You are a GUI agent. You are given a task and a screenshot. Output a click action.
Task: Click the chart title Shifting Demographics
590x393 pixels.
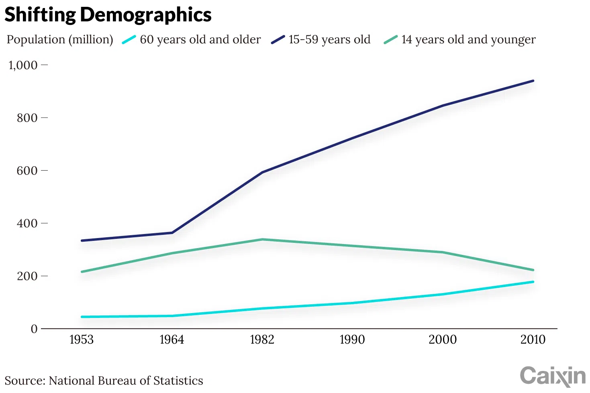108,15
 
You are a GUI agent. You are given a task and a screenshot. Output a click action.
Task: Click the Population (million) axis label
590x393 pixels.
60,39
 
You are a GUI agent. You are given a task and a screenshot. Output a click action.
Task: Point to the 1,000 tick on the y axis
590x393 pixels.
23,65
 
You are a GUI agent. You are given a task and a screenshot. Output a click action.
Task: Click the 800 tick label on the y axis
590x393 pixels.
27,118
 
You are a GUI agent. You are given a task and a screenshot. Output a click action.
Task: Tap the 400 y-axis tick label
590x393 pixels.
27,223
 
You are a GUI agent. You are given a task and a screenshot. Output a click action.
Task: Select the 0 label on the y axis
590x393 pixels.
34,329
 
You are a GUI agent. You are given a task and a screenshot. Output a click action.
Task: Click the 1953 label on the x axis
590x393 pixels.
82,340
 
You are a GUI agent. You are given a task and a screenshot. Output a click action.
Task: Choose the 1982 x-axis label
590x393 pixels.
262,340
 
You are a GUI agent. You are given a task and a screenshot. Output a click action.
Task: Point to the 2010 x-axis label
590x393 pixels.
533,340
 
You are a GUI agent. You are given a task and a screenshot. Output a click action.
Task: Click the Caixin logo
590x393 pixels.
553,376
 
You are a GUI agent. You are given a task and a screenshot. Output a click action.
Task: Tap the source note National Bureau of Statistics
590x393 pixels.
104,381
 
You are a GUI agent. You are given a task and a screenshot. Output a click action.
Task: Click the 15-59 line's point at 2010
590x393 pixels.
533,81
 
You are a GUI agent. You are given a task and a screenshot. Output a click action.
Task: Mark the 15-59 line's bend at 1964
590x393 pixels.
172,233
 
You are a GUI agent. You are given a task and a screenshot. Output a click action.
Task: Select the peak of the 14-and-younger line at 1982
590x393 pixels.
262,240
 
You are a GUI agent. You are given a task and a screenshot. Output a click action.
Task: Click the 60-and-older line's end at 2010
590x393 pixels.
533,282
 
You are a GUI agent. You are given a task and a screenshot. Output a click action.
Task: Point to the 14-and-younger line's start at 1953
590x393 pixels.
82,272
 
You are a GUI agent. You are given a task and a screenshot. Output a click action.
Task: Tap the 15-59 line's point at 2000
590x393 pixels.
443,106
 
